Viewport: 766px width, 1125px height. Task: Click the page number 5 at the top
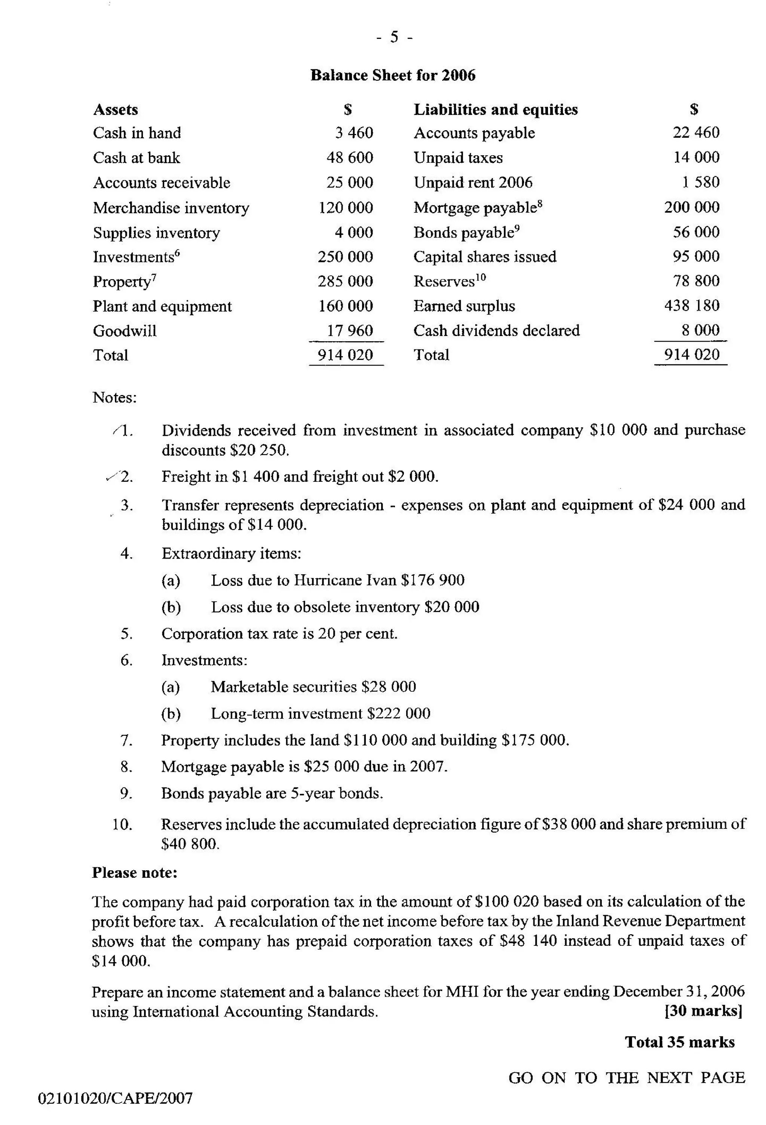[394, 37]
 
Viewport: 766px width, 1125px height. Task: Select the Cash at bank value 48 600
[349, 158]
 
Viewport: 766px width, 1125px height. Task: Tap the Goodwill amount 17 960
[349, 331]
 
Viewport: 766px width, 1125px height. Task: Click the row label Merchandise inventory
[171, 208]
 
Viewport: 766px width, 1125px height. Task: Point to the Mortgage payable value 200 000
[692, 207]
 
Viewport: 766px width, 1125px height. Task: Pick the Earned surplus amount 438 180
[692, 305]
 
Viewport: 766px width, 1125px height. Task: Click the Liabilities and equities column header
[495, 109]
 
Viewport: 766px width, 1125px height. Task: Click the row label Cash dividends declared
[496, 331]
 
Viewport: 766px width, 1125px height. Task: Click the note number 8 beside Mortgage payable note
[126, 767]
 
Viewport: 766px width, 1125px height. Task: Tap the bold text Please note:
[135, 873]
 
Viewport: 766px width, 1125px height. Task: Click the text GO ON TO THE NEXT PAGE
[626, 1077]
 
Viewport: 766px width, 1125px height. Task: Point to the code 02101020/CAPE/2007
[115, 1098]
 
